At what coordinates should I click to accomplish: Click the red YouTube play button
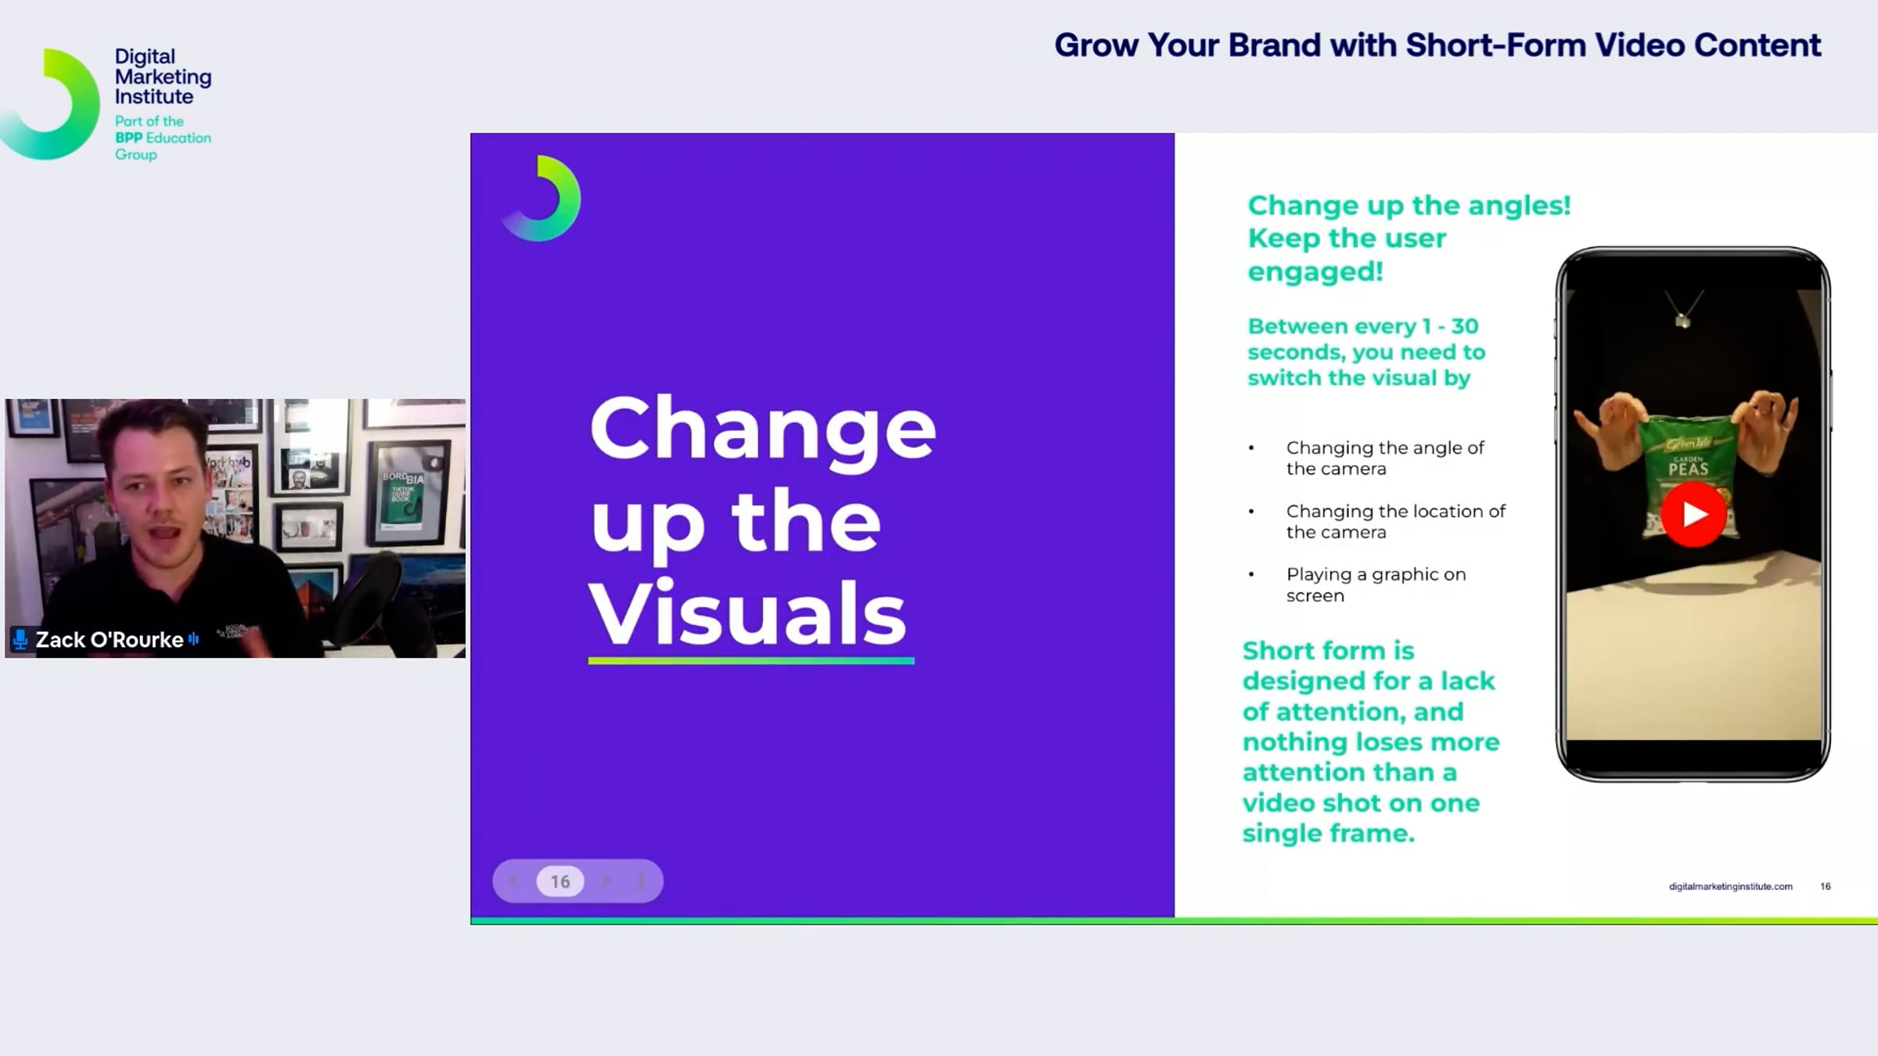click(x=1693, y=514)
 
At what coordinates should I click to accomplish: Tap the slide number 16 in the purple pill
click(x=560, y=882)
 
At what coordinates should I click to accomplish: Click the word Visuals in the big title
click(x=748, y=612)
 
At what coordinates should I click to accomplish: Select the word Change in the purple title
click(x=763, y=429)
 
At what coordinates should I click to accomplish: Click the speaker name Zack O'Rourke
click(x=110, y=640)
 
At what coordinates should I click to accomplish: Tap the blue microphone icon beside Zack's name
click(x=20, y=640)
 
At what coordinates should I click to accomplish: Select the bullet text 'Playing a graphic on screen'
click(x=1376, y=584)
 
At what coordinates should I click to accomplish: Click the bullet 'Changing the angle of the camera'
click(x=1385, y=458)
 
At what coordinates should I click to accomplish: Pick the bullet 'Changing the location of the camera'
click(x=1396, y=521)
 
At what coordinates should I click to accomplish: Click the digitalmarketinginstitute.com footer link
click(x=1731, y=886)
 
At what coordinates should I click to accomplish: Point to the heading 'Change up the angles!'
click(x=1409, y=206)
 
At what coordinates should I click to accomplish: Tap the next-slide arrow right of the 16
click(x=606, y=882)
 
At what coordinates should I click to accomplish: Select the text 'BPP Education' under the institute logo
click(x=163, y=138)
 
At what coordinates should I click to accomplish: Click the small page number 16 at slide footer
click(x=1826, y=886)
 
